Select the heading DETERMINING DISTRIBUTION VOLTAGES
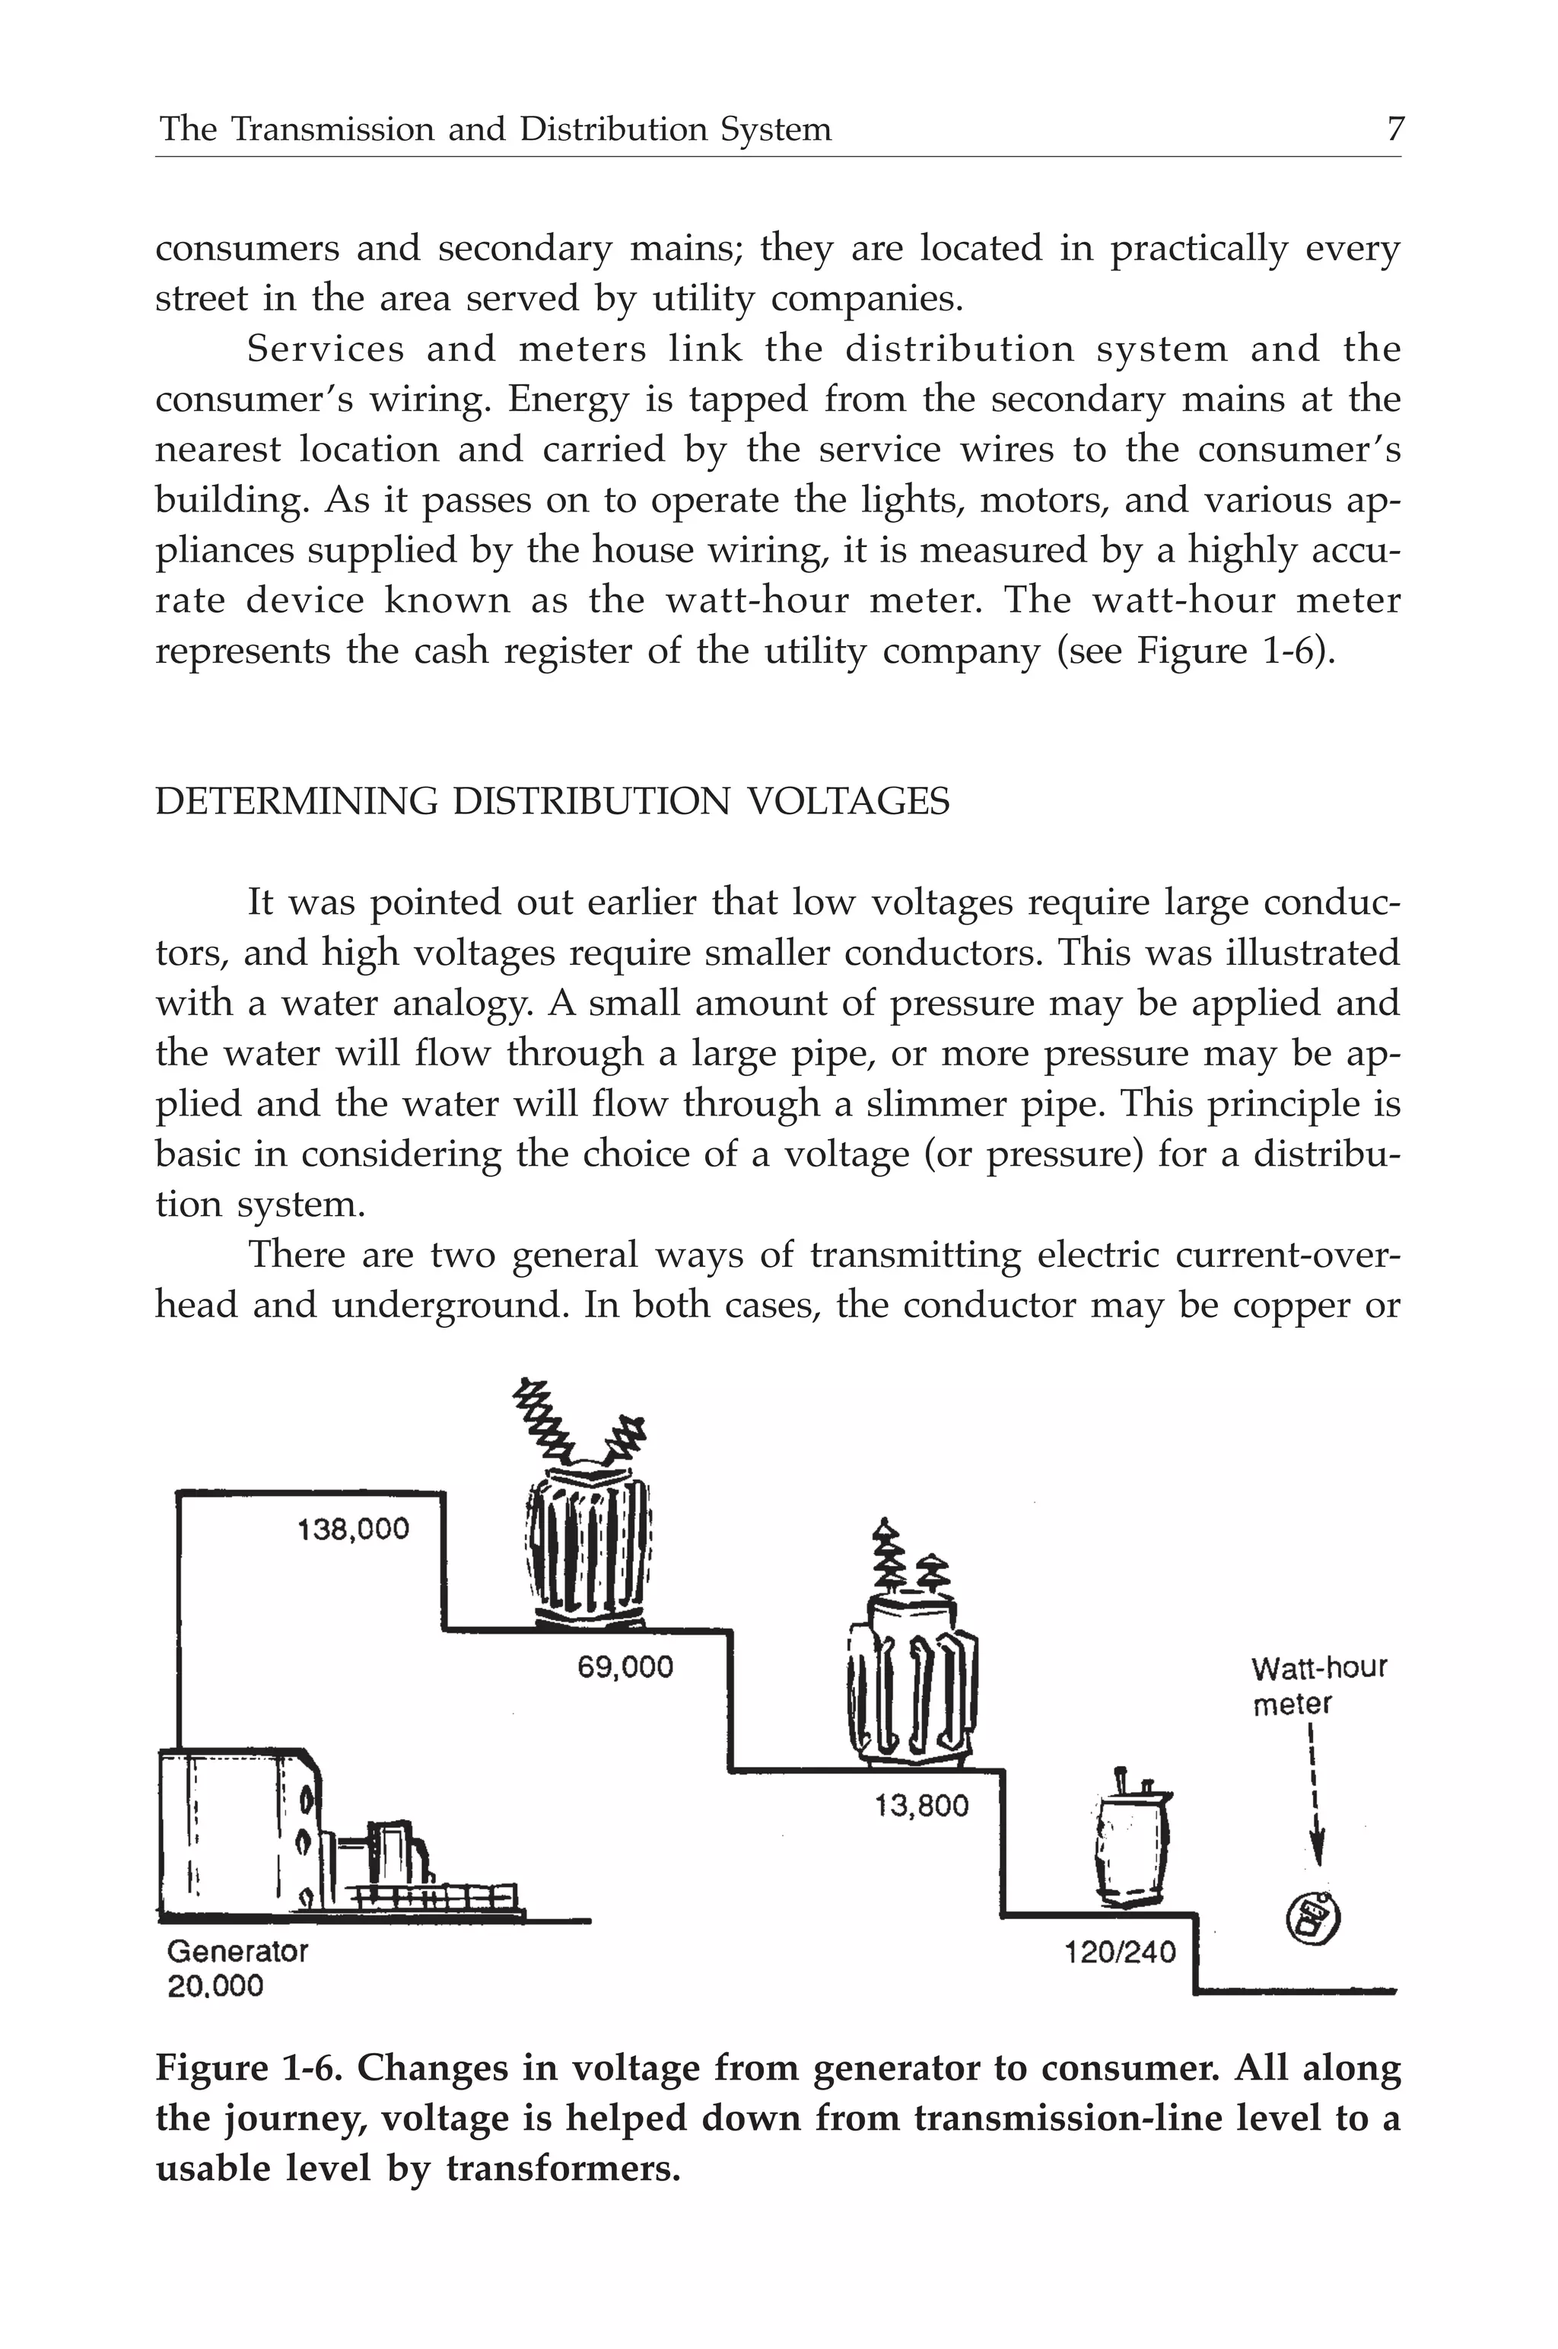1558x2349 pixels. (552, 801)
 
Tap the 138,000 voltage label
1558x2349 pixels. (353, 1528)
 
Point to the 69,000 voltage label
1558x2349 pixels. (625, 1666)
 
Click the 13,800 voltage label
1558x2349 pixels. (921, 1806)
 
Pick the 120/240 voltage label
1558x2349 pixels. (1120, 1953)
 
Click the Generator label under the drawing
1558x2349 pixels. (237, 1950)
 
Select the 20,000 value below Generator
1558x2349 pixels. (215, 1986)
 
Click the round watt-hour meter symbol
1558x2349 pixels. (1312, 1918)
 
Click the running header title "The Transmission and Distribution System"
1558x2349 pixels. (494, 130)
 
